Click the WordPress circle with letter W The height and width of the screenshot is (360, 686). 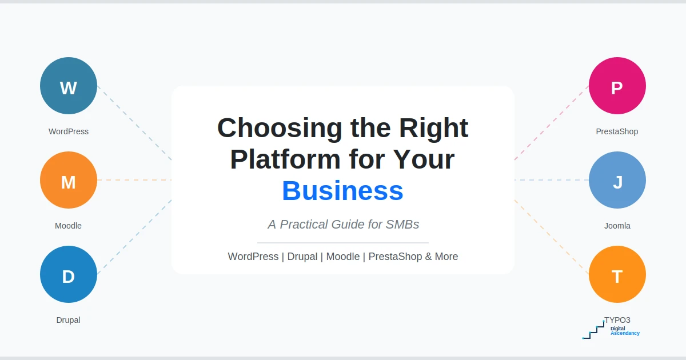pyautogui.click(x=69, y=86)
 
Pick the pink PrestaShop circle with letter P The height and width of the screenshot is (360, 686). pyautogui.click(x=617, y=86)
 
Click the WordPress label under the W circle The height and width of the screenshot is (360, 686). pyautogui.click(x=69, y=131)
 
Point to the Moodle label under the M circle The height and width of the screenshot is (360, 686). pyautogui.click(x=69, y=226)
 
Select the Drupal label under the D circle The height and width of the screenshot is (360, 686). pyautogui.click(x=69, y=320)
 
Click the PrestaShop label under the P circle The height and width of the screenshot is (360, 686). pyautogui.click(x=617, y=131)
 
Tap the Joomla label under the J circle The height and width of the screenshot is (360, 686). pyautogui.click(x=617, y=226)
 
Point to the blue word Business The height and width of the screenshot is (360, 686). pyautogui.click(x=342, y=191)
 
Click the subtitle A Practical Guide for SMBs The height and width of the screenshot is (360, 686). pyautogui.click(x=343, y=225)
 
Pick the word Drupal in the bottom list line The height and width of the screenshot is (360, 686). pyautogui.click(x=302, y=257)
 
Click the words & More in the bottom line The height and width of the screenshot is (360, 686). pyautogui.click(x=441, y=257)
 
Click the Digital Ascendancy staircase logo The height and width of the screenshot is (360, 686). pyautogui.click(x=595, y=330)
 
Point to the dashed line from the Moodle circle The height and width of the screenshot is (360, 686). pyautogui.click(x=134, y=180)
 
